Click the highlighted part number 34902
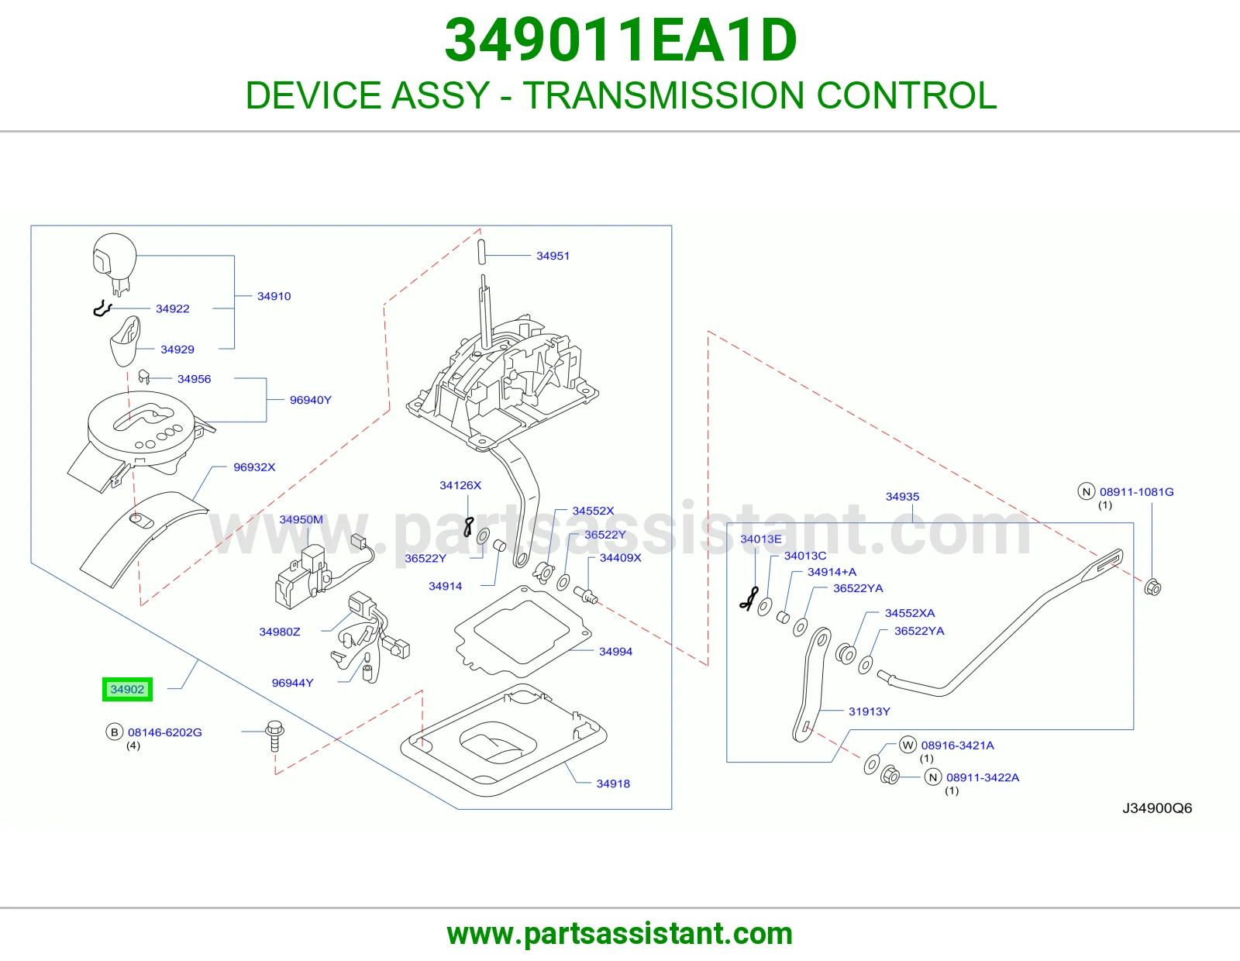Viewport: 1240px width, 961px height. click(127, 690)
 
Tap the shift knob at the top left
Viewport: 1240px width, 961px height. click(115, 263)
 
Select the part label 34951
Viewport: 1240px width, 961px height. click(553, 256)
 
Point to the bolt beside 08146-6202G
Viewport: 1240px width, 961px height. click(274, 736)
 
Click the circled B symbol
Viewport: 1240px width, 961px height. click(114, 732)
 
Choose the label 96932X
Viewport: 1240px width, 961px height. click(254, 467)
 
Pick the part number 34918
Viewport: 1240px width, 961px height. click(613, 784)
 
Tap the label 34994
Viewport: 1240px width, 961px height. click(615, 651)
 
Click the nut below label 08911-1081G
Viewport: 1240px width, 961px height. click(1152, 587)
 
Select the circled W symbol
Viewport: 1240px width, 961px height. click(908, 745)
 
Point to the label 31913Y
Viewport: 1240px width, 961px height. click(869, 711)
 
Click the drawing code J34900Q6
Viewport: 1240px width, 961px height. click(1156, 808)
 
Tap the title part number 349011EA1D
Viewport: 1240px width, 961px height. click(620, 40)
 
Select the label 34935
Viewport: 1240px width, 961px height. click(902, 497)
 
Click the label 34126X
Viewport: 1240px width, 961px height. click(460, 485)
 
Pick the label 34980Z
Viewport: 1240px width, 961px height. click(280, 632)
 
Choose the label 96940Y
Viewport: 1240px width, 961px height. click(311, 399)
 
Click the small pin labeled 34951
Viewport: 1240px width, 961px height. click(481, 252)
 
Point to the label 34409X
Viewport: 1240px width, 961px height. click(620, 557)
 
